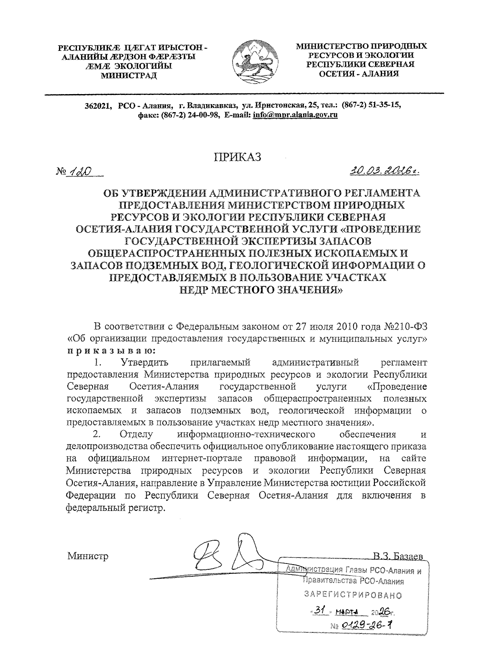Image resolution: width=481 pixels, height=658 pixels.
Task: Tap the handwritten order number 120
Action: pyautogui.click(x=79, y=172)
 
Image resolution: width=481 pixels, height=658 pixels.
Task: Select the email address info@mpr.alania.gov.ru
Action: pyautogui.click(x=295, y=115)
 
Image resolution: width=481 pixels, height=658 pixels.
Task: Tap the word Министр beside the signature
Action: pyautogui.click(x=88, y=556)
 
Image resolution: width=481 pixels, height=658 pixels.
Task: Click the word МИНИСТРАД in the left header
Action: pyautogui.click(x=129, y=74)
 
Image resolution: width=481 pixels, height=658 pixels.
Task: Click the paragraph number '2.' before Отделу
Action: pyautogui.click(x=96, y=435)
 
